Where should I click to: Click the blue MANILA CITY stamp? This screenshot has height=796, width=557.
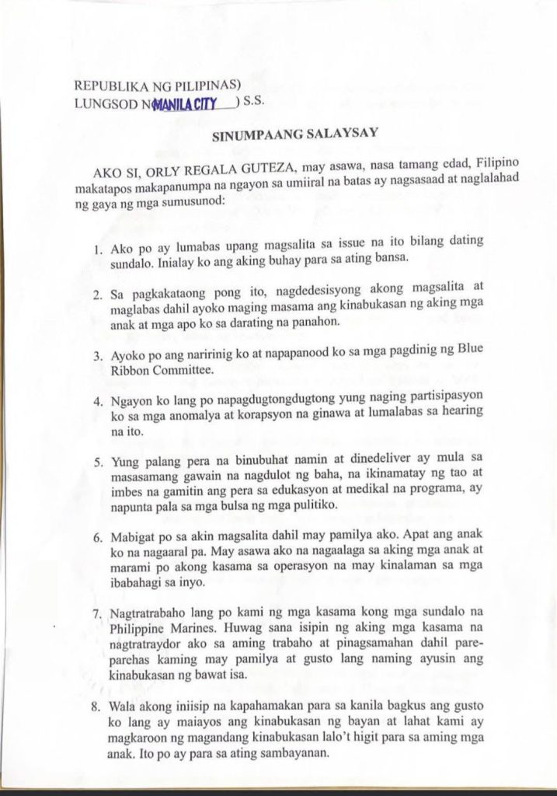[x=186, y=104]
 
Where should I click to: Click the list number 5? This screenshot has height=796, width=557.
[x=97, y=461]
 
